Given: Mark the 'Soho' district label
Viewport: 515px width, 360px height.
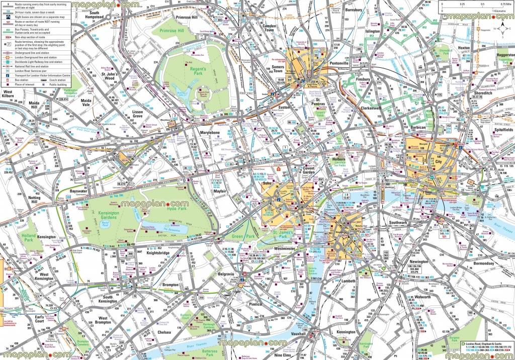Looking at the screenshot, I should point(267,184).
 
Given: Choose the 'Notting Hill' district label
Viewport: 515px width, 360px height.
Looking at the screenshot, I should point(36,201).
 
